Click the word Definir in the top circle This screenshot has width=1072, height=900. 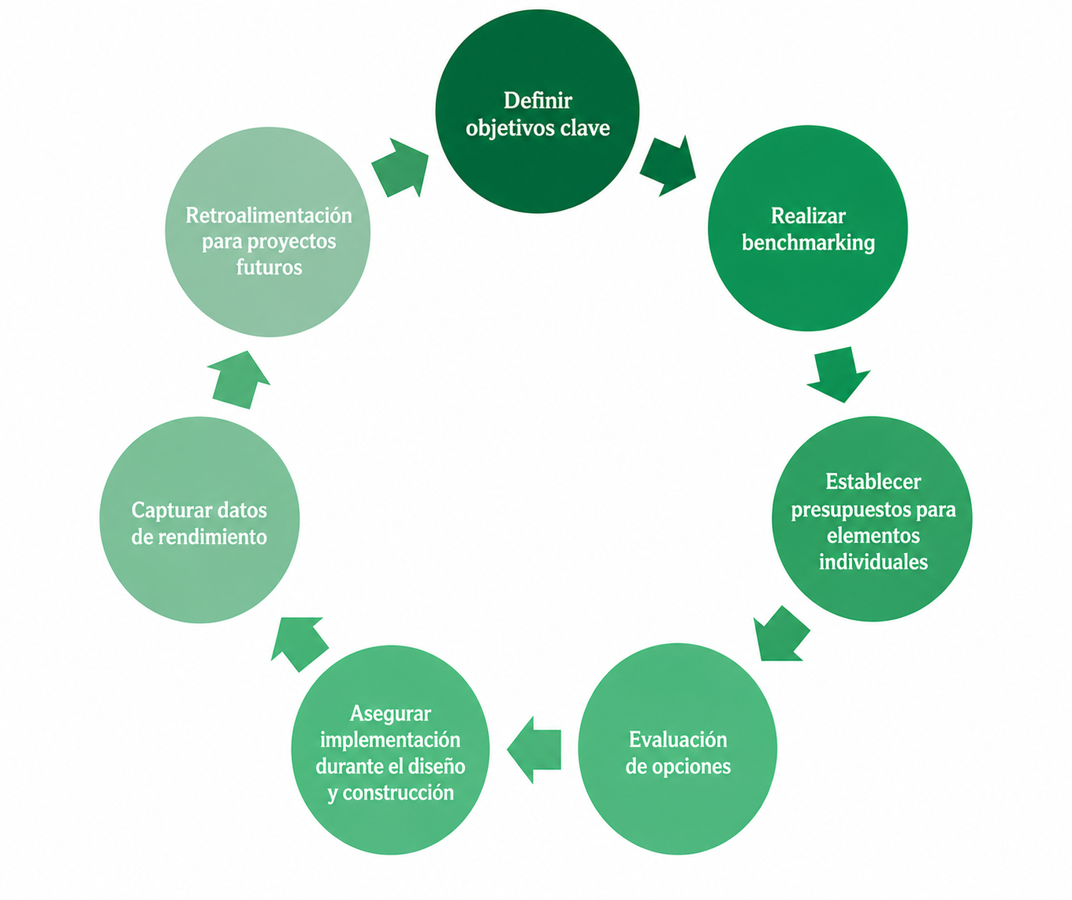coord(537,101)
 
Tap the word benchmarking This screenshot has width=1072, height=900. coord(808,243)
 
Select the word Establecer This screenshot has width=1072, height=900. coord(873,482)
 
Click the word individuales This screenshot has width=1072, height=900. coord(873,562)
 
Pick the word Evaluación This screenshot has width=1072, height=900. coord(677,739)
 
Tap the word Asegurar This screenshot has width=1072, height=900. coord(390,714)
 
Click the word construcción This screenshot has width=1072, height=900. coord(398,793)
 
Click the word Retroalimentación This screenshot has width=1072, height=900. coord(269,215)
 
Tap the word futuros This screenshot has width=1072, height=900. coord(269,267)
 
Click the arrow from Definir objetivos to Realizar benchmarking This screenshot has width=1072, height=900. coord(668,166)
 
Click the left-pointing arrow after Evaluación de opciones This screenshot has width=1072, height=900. coord(534,750)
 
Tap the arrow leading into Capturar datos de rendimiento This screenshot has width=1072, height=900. coord(299,644)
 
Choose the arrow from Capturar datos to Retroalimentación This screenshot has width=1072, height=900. coord(239,380)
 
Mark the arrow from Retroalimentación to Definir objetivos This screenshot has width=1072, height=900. coord(400,168)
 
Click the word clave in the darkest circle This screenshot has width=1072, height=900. coord(585,128)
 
